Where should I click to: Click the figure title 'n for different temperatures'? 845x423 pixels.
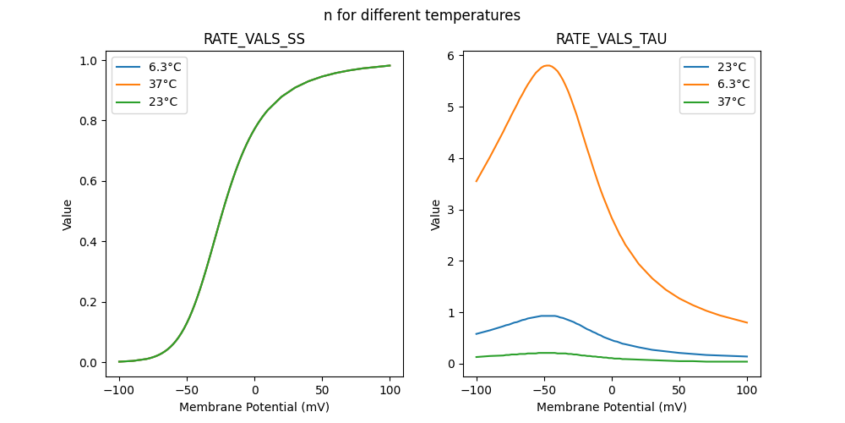(422, 15)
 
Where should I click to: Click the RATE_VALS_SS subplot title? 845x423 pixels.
(254, 39)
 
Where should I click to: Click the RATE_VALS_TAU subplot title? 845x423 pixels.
(612, 39)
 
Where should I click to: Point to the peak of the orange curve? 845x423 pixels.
(548, 65)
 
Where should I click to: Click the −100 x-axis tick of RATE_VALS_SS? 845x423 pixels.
(119, 390)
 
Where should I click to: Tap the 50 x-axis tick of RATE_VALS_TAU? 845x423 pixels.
(679, 390)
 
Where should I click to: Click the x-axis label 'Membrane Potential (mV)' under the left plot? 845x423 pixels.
(254, 407)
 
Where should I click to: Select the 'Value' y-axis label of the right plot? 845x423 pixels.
(436, 215)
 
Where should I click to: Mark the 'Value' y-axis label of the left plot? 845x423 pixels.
(68, 215)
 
